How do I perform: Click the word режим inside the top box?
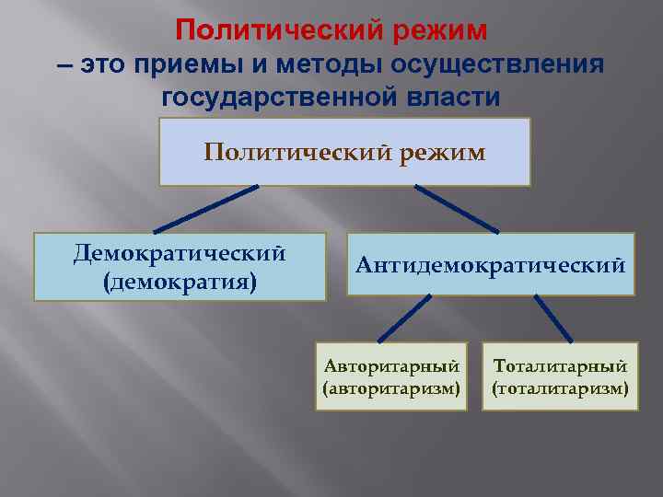point(442,152)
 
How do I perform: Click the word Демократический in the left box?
point(180,253)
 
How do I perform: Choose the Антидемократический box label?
point(491,265)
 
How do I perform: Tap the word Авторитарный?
point(391,365)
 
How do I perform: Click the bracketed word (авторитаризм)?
point(391,387)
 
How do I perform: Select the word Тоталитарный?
point(560,365)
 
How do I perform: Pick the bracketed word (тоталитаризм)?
point(560,387)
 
